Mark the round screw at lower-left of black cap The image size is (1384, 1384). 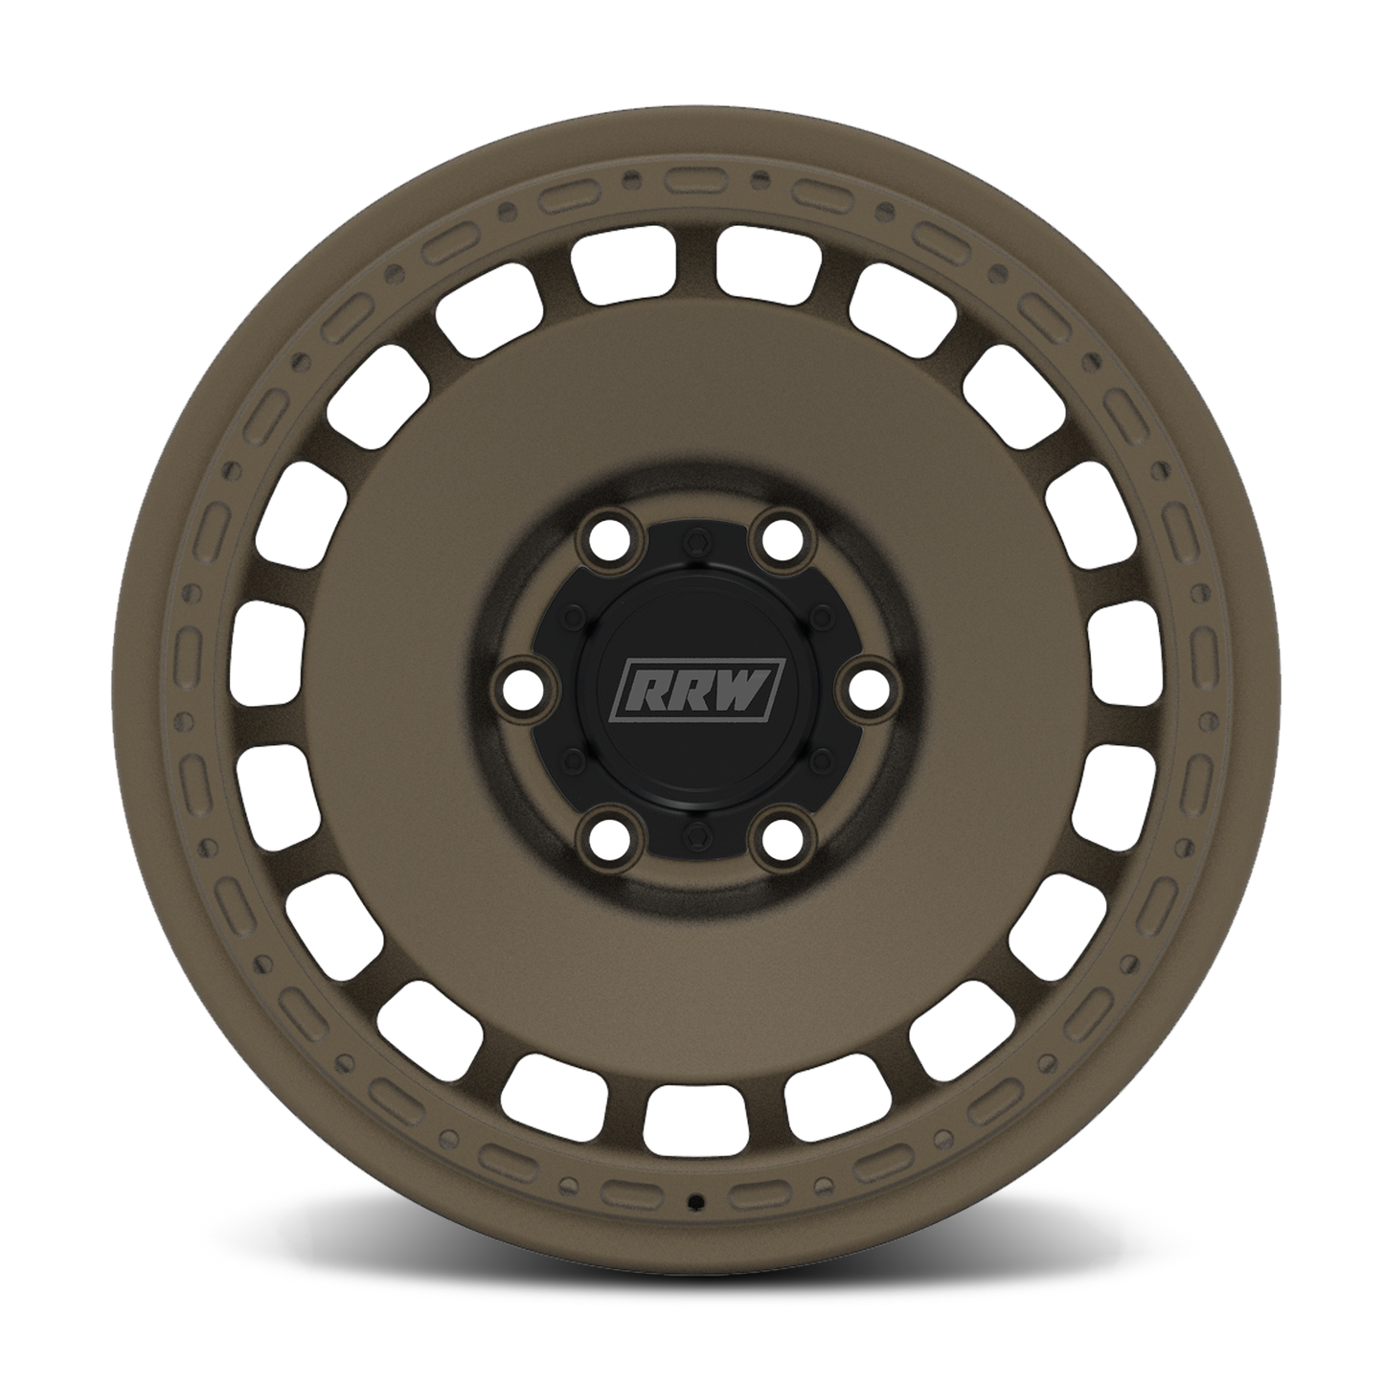573,760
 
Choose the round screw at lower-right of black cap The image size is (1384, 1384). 820,760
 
